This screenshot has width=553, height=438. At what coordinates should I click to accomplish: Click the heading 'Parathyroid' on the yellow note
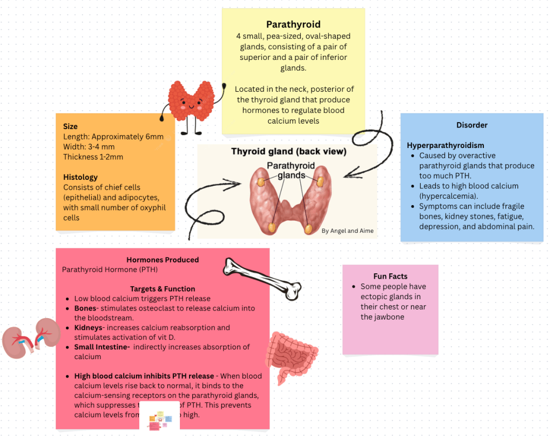[293, 24]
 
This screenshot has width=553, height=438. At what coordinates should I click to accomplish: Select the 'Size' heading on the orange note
[70, 126]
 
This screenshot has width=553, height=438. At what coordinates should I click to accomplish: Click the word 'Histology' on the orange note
[80, 177]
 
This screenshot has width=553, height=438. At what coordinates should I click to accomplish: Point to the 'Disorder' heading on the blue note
[471, 125]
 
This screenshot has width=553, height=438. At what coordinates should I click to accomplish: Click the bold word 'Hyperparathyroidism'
[445, 145]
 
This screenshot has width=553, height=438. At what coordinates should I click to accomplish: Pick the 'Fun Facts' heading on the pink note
[390, 276]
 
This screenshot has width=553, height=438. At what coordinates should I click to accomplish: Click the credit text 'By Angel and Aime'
[347, 231]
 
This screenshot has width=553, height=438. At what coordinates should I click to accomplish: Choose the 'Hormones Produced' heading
[163, 260]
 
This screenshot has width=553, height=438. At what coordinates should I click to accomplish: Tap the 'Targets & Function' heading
[163, 289]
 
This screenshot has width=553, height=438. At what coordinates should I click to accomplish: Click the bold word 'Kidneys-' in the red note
[89, 328]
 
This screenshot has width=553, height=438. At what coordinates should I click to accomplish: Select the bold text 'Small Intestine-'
[102, 347]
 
